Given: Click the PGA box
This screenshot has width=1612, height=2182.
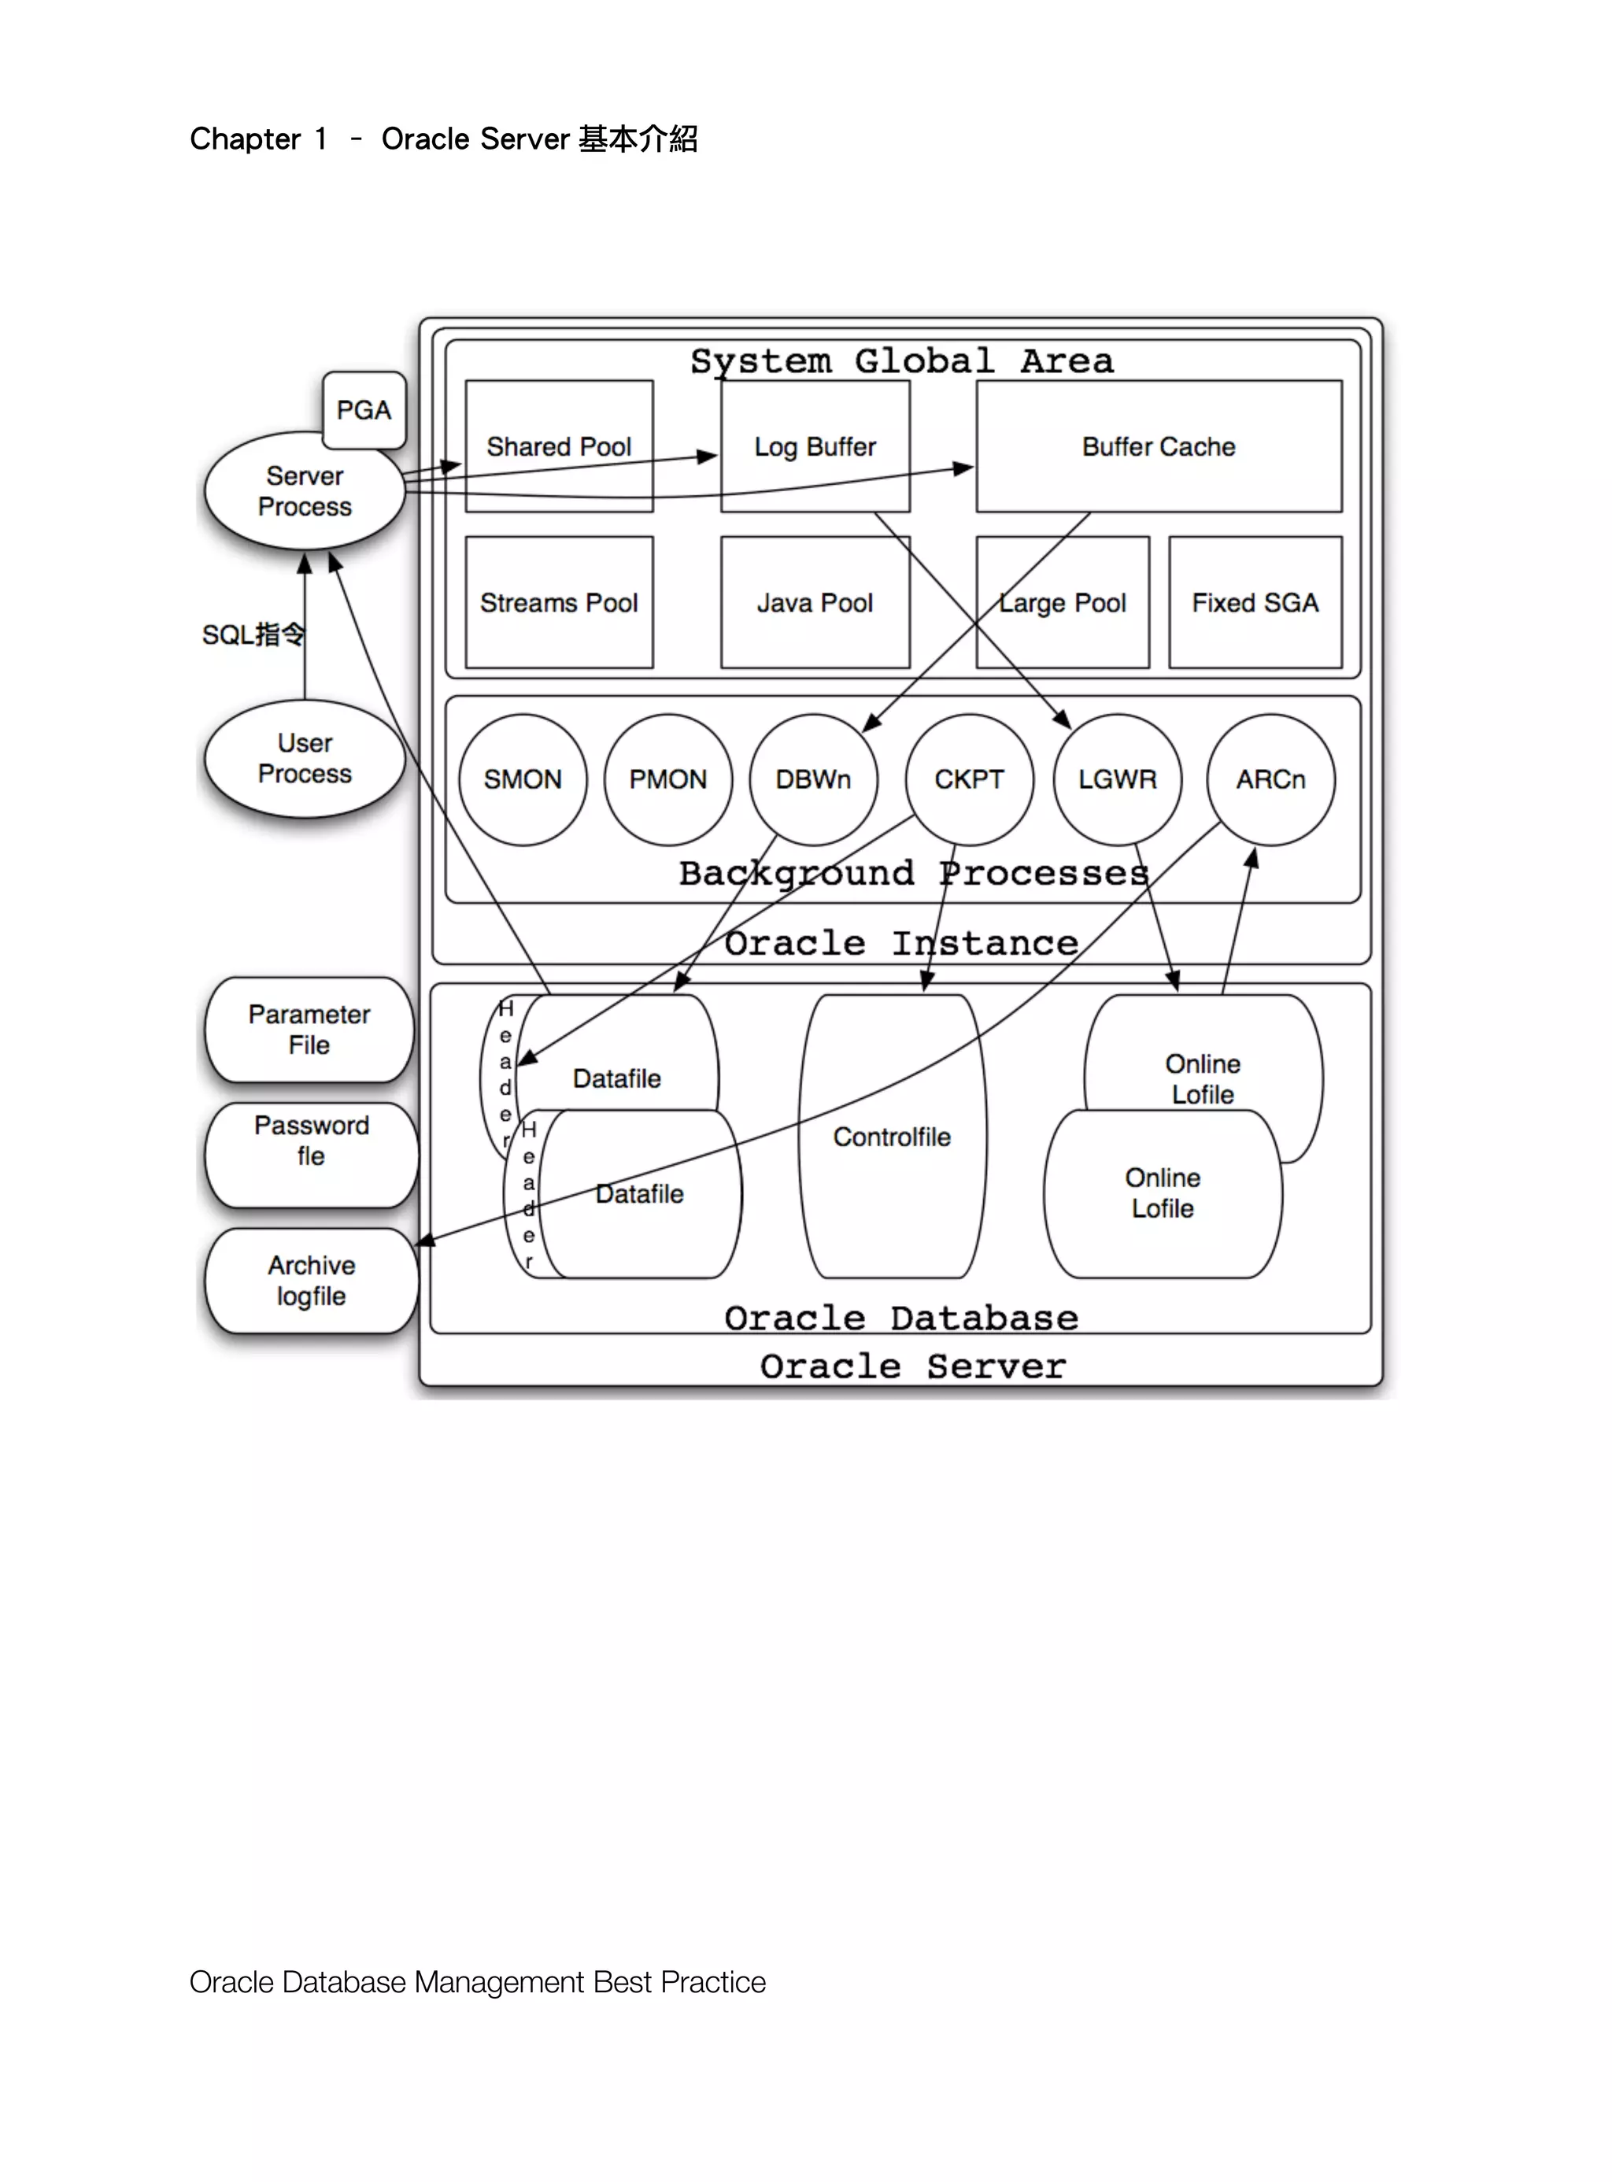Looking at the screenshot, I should click(x=364, y=410).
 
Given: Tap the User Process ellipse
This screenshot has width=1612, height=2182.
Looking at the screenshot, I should click(x=305, y=758).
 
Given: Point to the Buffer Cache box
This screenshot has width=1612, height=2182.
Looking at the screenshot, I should click(x=1159, y=446).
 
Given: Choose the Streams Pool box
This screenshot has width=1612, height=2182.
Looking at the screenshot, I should click(x=559, y=603).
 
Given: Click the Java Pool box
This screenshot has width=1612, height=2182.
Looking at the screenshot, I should click(x=815, y=603).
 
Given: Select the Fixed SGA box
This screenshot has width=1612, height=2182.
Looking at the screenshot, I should click(x=1255, y=603).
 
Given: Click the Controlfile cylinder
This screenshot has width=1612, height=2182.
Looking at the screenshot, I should click(x=892, y=1137).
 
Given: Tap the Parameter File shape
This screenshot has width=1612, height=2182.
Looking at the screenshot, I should click(x=309, y=1030).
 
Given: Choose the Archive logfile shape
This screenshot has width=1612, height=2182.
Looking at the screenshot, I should click(x=311, y=1281).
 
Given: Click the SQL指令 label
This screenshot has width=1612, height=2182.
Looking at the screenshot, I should click(x=253, y=635).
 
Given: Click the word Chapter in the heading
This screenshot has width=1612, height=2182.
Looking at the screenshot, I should click(x=245, y=139).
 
